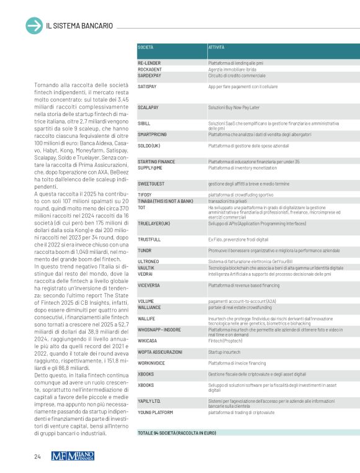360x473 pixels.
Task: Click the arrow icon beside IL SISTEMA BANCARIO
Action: [x=34, y=25]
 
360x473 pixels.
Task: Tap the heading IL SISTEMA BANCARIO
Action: [x=79, y=26]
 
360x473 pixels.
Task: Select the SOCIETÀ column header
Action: [x=146, y=47]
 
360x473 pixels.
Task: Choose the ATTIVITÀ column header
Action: [x=217, y=47]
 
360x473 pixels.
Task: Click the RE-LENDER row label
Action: [x=149, y=63]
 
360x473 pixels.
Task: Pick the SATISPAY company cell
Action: [x=146, y=86]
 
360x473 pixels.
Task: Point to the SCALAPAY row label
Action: [x=148, y=107]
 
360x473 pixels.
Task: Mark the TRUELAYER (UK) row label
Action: [x=153, y=222]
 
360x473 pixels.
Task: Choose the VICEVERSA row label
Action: [x=149, y=285]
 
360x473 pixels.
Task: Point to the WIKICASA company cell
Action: [x=147, y=340]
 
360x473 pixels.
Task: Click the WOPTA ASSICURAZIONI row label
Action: [x=160, y=351]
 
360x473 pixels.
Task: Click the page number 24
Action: [x=37, y=457]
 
